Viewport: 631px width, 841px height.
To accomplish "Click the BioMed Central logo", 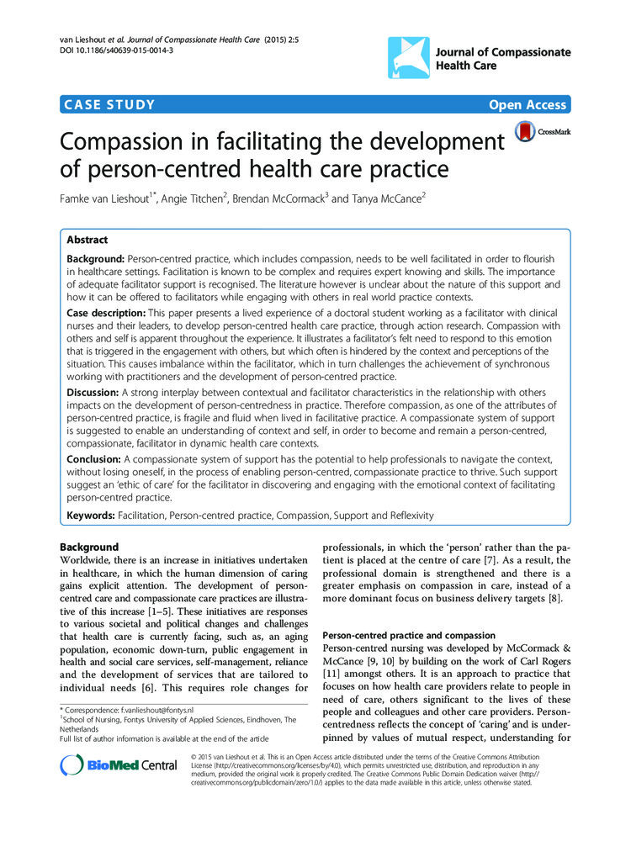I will (x=119, y=764).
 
